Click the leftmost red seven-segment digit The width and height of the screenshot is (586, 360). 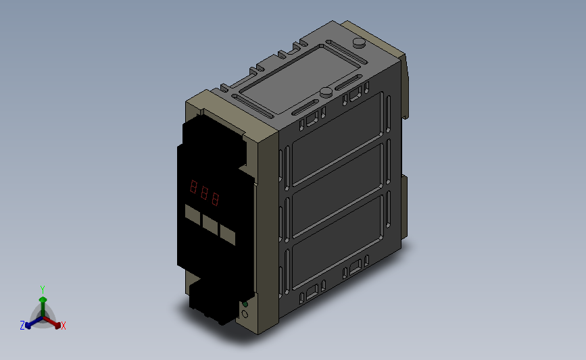193,186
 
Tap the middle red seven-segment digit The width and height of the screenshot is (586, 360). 204,192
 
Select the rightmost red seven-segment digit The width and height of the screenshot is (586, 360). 215,199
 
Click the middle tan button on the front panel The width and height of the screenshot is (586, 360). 210,224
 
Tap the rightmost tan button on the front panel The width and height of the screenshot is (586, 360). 228,234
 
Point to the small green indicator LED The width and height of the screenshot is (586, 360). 245,305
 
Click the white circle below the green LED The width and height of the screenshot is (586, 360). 245,314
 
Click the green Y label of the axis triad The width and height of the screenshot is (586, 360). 43,290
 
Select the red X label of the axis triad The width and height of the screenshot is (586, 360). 64,326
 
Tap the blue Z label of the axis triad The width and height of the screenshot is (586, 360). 22,326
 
